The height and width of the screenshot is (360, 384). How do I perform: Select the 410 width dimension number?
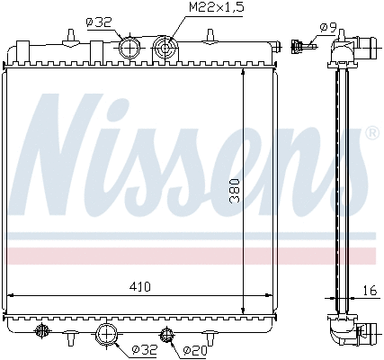point(139,287)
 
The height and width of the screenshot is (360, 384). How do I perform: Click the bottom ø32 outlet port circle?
point(107,336)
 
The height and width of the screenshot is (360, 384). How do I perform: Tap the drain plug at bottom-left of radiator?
point(40,332)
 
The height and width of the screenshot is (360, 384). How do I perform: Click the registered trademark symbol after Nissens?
point(371,133)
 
